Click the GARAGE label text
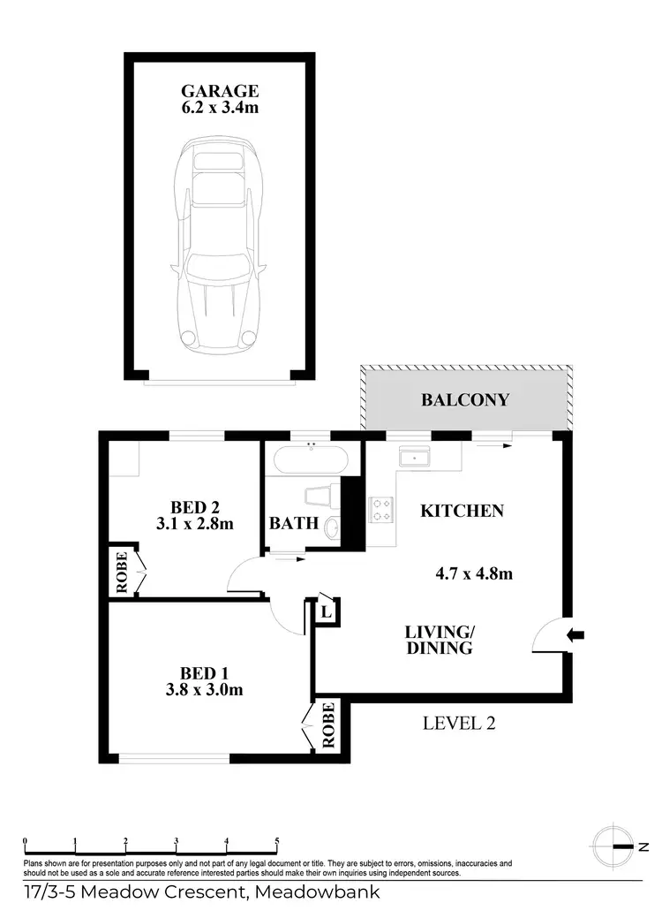coord(220,91)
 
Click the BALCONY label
coord(464,399)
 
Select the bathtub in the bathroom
coord(312,461)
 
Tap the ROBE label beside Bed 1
coord(328,725)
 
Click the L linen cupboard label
coord(325,611)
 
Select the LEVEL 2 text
coord(459,723)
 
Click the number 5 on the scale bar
coord(277,840)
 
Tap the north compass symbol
coord(613,846)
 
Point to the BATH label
coord(294,523)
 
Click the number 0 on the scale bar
coord(26,840)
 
